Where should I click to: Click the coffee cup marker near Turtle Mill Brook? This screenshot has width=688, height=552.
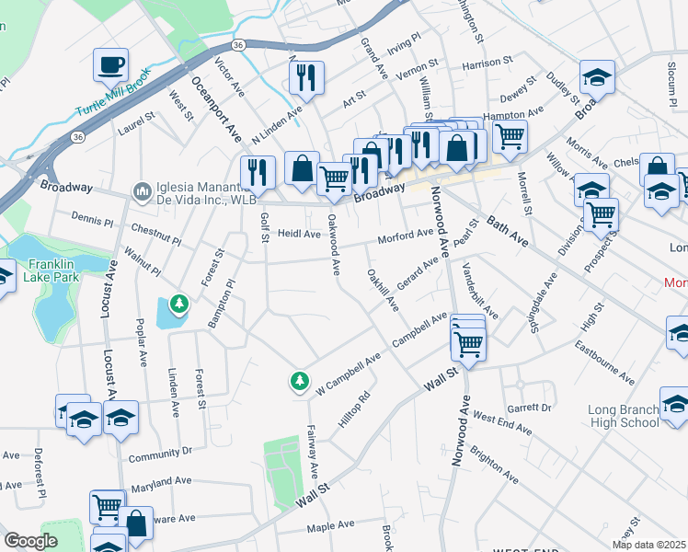[111, 64]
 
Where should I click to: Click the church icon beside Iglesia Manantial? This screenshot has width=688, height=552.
[141, 191]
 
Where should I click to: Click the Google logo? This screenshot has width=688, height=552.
[30, 541]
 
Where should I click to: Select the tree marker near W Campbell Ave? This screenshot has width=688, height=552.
[299, 379]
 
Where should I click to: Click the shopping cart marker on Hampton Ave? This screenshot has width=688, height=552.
[510, 136]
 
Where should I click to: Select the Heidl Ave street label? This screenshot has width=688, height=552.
[299, 235]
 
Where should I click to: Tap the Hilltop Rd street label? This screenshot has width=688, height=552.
[353, 408]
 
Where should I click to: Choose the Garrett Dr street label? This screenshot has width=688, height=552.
[529, 407]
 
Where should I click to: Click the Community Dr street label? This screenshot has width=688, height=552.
[160, 453]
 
